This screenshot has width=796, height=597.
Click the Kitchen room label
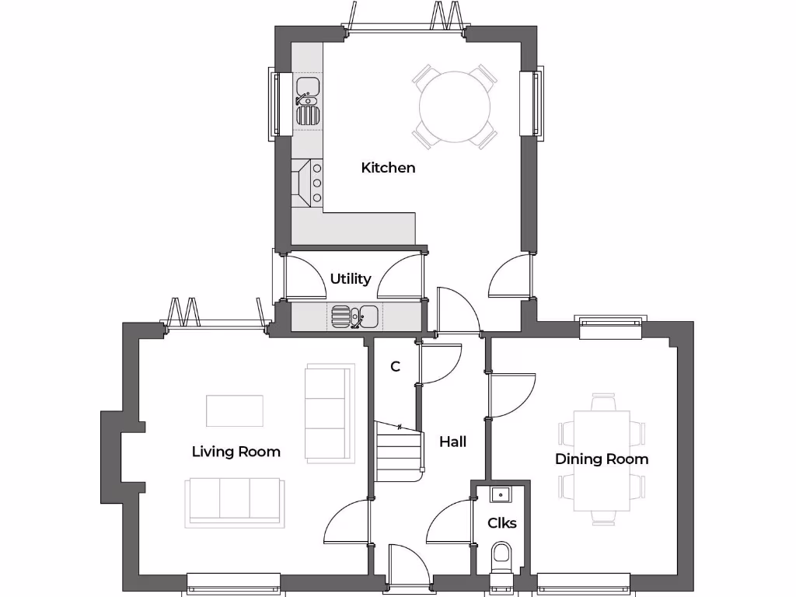(388, 167)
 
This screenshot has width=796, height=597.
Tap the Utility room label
(351, 278)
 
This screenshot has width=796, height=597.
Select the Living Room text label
(236, 452)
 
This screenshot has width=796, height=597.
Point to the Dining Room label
(601, 459)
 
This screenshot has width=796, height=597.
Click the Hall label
(452, 442)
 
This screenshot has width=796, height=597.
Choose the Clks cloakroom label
(501, 523)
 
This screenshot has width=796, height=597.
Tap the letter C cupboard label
(395, 366)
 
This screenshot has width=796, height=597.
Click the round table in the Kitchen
(455, 106)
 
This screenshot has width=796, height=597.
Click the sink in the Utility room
(354, 316)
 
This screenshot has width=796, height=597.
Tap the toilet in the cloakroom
(501, 558)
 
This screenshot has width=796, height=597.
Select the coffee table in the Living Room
(234, 410)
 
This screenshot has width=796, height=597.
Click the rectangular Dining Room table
(602, 459)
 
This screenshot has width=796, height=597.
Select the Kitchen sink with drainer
(307, 101)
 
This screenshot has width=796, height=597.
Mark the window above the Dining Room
(611, 326)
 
